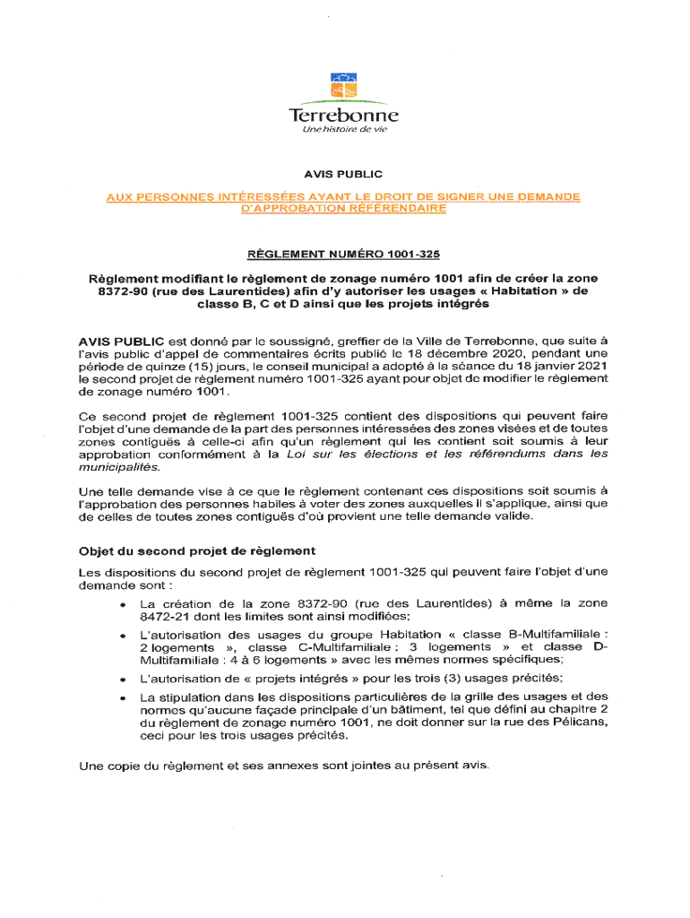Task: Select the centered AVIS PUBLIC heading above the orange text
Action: (x=344, y=174)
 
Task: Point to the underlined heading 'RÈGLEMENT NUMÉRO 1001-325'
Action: (x=344, y=254)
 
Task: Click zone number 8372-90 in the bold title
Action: (x=126, y=291)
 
